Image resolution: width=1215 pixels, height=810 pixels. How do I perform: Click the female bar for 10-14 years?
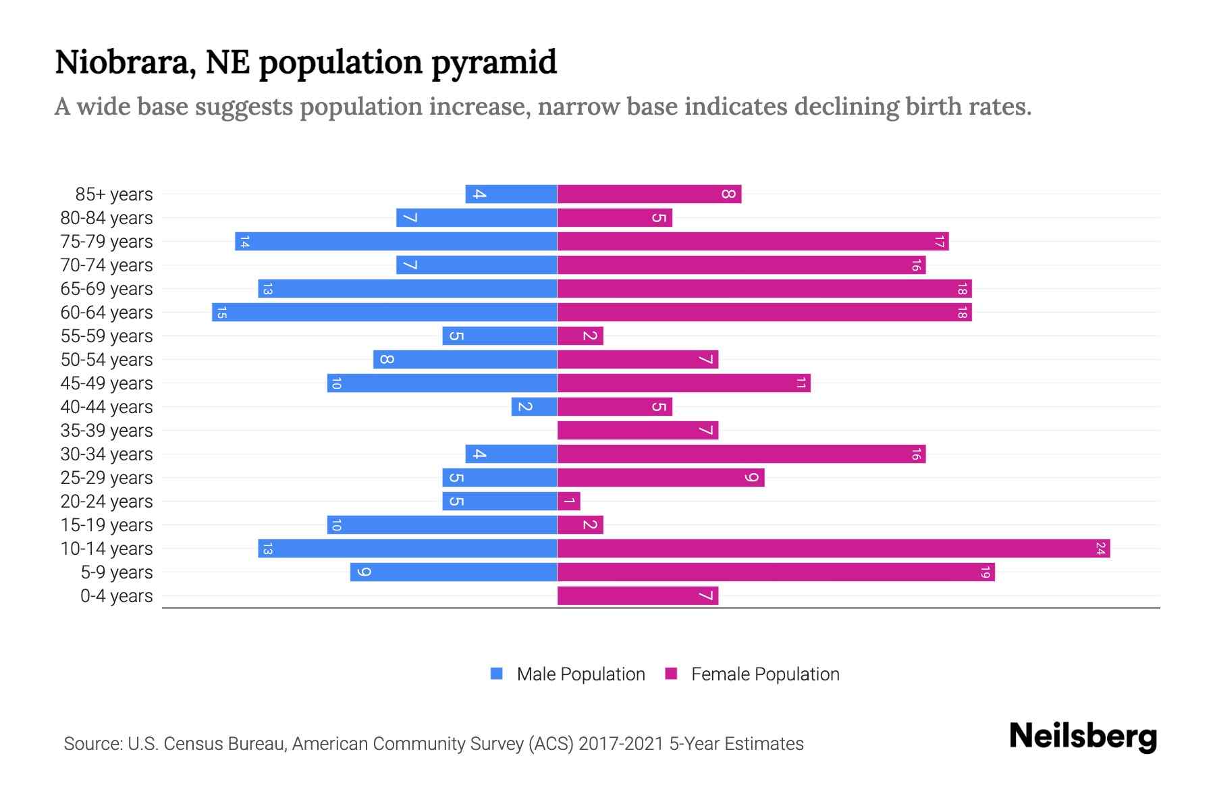tap(834, 549)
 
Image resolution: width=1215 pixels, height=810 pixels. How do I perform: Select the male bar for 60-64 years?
tap(385, 313)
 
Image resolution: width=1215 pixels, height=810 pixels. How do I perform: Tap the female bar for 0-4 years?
tap(638, 596)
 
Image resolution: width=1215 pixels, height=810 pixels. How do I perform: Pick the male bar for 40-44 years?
tap(534, 407)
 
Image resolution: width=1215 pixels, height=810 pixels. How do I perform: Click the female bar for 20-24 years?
tap(568, 502)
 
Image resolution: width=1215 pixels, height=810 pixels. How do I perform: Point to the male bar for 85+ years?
tap(511, 194)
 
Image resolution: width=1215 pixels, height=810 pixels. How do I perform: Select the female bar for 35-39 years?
tap(638, 431)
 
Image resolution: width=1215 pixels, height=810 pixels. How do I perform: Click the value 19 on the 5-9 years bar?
tap(985, 572)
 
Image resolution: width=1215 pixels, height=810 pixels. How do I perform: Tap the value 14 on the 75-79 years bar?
tap(244, 242)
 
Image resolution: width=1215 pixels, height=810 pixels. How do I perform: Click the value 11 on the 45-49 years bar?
tap(801, 383)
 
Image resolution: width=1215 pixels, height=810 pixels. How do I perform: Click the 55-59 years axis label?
tap(107, 336)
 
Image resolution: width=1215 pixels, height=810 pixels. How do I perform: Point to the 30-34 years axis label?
tap(107, 454)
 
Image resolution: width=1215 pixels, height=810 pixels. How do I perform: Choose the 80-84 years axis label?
tap(107, 218)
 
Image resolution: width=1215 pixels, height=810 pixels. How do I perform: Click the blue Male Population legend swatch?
tap(497, 674)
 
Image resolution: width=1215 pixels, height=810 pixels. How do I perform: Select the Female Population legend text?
tap(765, 674)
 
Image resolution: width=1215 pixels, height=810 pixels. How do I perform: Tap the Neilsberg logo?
tap(1083, 736)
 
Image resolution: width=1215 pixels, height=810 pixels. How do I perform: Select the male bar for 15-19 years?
tap(442, 525)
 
